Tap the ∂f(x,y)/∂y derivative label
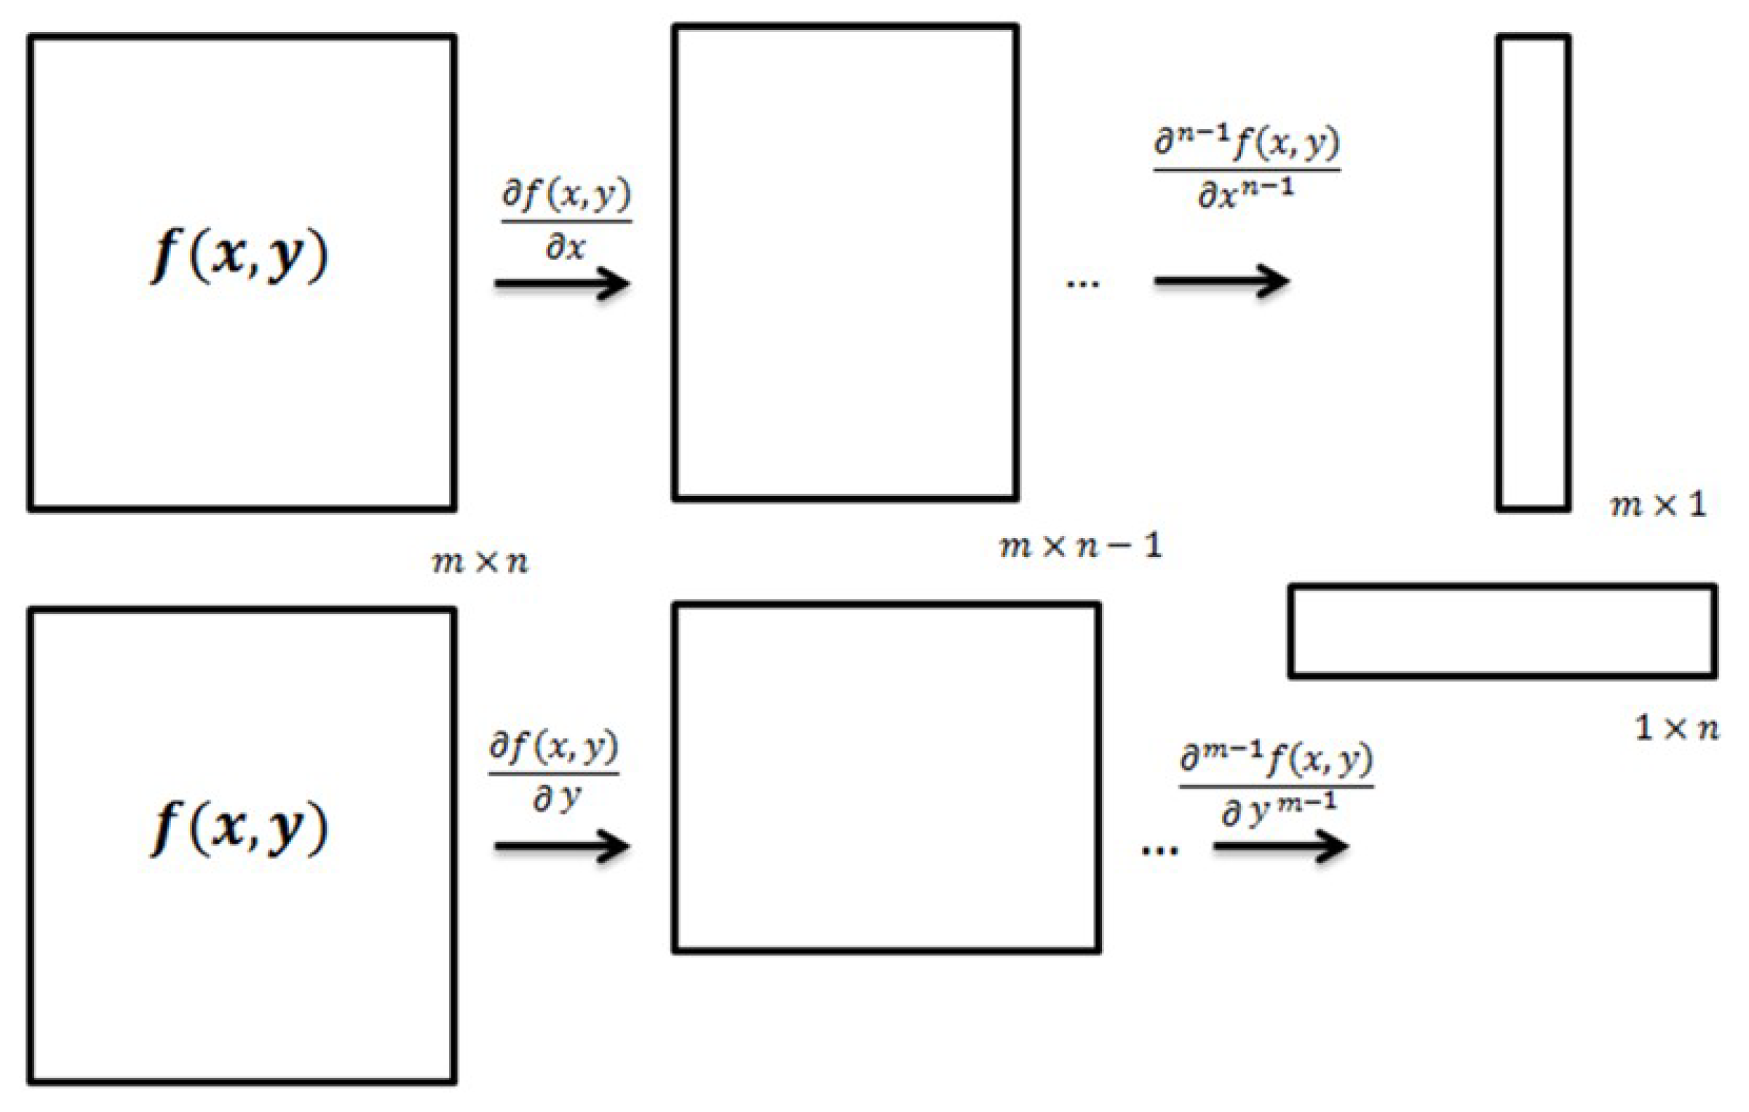pyautogui.click(x=554, y=772)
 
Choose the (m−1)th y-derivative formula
pyautogui.click(x=1277, y=786)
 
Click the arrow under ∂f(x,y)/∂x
pyautogui.click(x=562, y=283)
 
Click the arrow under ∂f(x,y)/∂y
pyautogui.click(x=562, y=846)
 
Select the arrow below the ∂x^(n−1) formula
pyautogui.click(x=1221, y=280)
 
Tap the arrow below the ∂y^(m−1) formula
pyautogui.click(x=1281, y=846)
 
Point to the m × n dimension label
pyautogui.click(x=480, y=561)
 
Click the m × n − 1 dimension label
pyautogui.click(x=1081, y=545)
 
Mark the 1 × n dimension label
pyautogui.click(x=1676, y=727)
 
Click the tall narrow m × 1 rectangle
pyautogui.click(x=1533, y=273)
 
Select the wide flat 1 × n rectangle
pyautogui.click(x=1502, y=631)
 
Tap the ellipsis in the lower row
pyautogui.click(x=1159, y=850)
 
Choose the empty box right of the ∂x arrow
pyautogui.click(x=845, y=262)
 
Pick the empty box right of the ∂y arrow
pyautogui.click(x=886, y=777)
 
